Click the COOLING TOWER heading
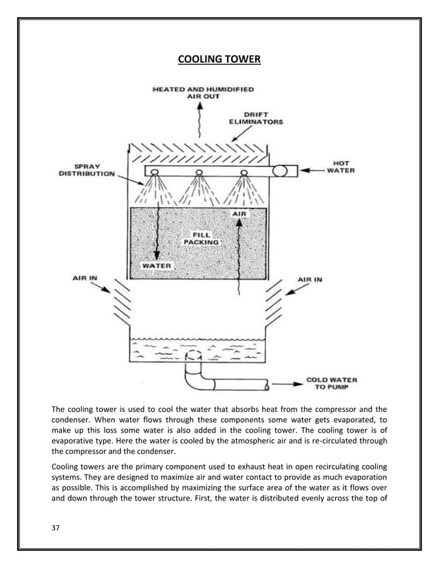(219, 59)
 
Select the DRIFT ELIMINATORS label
(255, 118)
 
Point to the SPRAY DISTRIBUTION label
(87, 170)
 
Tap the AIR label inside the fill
(239, 214)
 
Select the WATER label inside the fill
(157, 265)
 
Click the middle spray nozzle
(200, 172)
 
